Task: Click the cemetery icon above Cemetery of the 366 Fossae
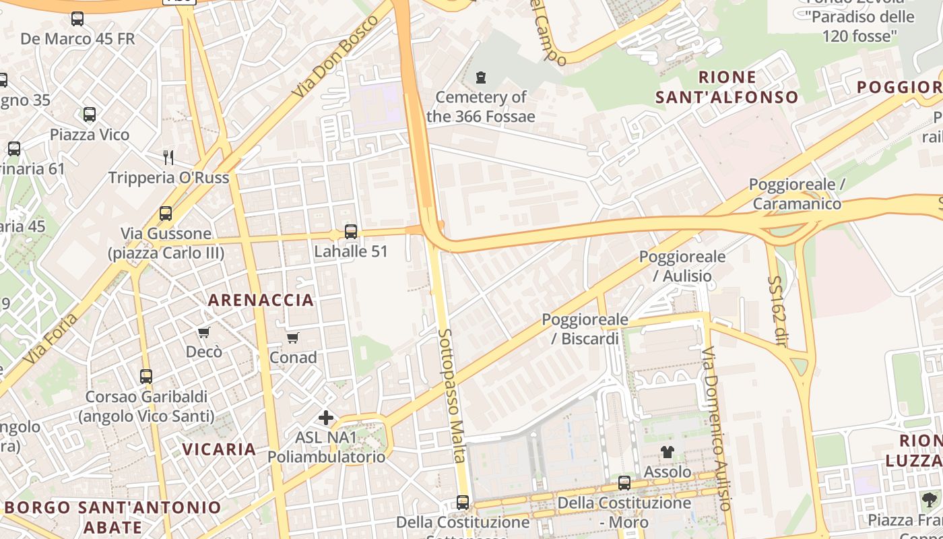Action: [x=481, y=77]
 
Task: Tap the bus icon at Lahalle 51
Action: [x=351, y=232]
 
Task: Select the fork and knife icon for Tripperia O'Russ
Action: [x=168, y=158]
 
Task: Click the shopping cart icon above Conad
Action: [x=292, y=338]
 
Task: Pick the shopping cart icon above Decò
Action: [x=203, y=332]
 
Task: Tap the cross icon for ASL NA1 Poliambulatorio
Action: [x=326, y=418]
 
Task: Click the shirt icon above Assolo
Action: [x=667, y=452]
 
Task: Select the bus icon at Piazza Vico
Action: [x=90, y=115]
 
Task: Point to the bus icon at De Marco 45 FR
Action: [x=77, y=19]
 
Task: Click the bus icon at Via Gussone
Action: [x=166, y=214]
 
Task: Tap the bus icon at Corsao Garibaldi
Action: [x=146, y=377]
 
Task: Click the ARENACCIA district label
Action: [x=261, y=300]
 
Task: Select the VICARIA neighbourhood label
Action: [x=219, y=449]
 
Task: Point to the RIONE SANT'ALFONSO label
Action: [x=727, y=87]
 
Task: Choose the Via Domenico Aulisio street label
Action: [x=715, y=429]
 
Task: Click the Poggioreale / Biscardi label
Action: [x=585, y=329]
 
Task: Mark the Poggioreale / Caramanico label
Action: [x=797, y=194]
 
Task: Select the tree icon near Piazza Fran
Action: [x=930, y=499]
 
